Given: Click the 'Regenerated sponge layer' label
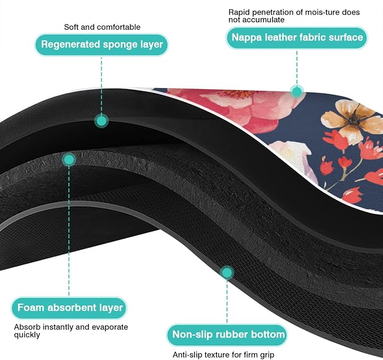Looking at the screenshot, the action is (x=102, y=45).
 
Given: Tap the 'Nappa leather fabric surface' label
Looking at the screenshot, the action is (x=297, y=38).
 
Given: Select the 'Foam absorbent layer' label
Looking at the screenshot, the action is (x=69, y=308).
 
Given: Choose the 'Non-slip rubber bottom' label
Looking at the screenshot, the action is (x=227, y=335).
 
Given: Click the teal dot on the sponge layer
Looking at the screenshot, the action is (x=102, y=121).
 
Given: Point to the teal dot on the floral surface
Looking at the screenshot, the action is (x=297, y=91).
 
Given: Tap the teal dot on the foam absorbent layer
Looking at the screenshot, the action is (x=69, y=160).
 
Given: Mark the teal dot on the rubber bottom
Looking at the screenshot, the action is (x=227, y=273).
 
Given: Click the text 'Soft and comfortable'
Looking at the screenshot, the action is (x=102, y=27).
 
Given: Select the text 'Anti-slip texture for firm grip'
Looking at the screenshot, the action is (x=223, y=354).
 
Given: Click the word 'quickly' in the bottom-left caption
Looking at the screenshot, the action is (x=27, y=335).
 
